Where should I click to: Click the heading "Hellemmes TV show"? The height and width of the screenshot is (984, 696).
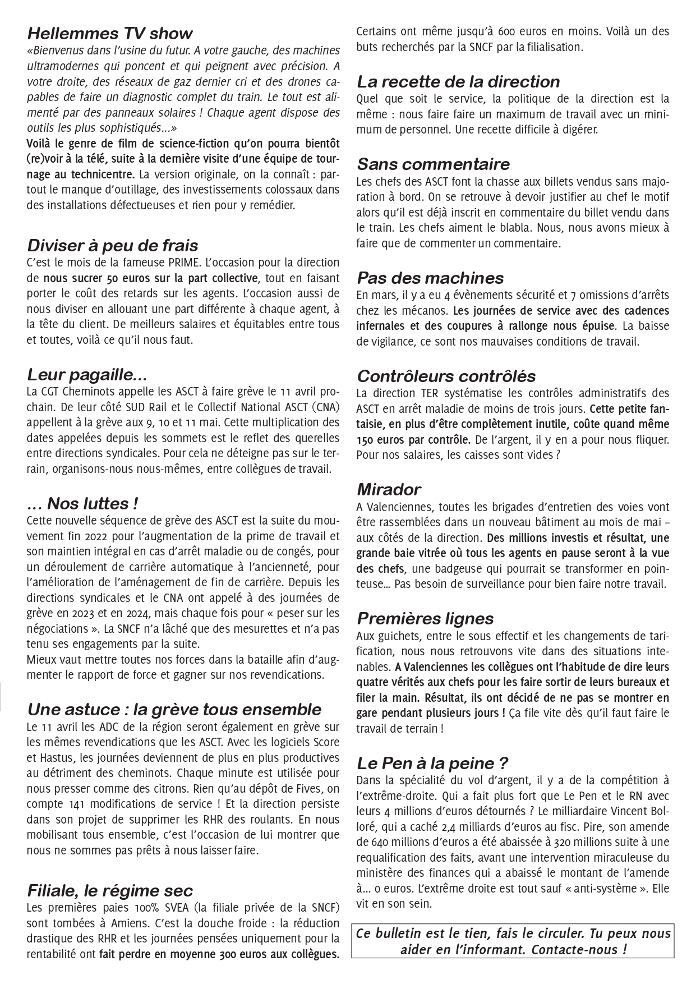pos(109,33)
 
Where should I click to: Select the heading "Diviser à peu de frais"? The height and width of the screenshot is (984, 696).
pos(112,245)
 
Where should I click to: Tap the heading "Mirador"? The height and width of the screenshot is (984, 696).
pos(389,489)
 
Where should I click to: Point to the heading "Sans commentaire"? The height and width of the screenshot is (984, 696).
pos(433,164)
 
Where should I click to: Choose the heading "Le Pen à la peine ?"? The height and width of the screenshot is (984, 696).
pos(432,763)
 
